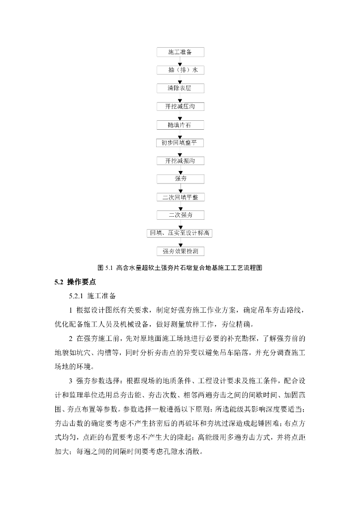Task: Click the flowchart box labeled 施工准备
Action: point(180,52)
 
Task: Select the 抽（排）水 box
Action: point(180,70)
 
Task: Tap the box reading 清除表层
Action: point(180,88)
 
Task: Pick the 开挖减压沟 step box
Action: point(180,106)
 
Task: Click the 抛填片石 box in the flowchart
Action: point(180,125)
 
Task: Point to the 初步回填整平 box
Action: point(180,143)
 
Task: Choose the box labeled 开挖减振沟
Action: point(180,161)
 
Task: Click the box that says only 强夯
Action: point(180,179)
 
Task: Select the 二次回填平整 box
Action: point(180,197)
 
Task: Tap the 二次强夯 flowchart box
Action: point(180,215)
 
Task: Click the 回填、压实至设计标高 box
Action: point(180,233)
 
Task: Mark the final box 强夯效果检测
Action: point(180,251)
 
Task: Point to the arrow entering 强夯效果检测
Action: point(180,242)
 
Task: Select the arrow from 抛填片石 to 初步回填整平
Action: point(180,134)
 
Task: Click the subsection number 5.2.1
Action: point(77,296)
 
